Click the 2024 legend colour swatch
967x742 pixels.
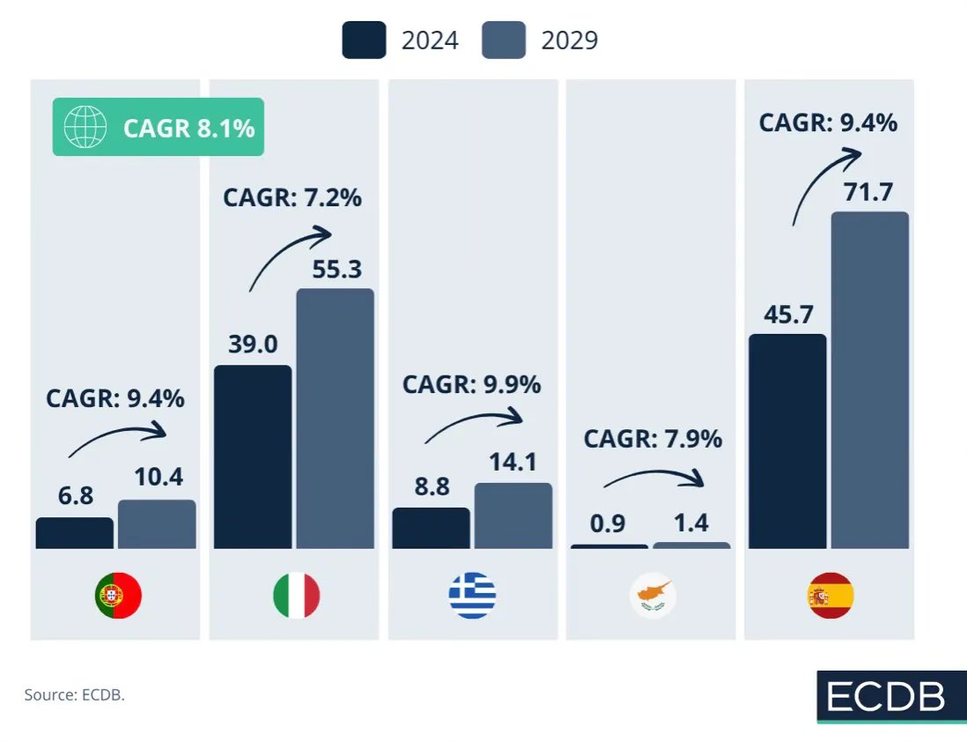364,41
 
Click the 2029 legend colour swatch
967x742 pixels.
504,41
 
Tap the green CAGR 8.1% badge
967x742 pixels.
159,127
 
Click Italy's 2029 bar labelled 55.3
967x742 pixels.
335,419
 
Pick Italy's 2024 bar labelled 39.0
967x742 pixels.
253,456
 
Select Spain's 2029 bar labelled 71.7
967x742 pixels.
869,380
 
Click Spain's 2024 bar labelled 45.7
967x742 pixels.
787,441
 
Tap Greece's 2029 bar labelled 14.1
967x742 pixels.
513,516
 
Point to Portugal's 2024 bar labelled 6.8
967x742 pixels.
75,533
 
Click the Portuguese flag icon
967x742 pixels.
118,596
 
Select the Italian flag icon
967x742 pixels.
297,596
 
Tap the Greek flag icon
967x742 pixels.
473,596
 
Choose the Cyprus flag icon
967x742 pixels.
653,596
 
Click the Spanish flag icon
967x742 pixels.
830,596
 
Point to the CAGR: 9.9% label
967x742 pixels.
471,385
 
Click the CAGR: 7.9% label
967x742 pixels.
653,438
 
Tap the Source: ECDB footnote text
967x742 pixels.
75,694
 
